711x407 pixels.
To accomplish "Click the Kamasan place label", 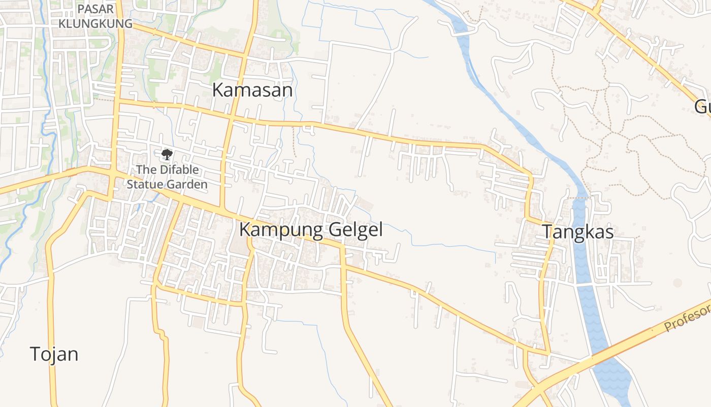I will pos(252,90).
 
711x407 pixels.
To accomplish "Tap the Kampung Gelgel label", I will pos(311,229).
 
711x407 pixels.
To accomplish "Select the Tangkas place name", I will pos(578,232).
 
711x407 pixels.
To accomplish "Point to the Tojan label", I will pos(54,354).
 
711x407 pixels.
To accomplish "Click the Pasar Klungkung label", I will pos(95,16).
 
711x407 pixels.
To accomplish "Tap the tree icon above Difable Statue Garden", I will pos(167,154).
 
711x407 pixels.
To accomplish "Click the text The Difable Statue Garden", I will pos(167,177).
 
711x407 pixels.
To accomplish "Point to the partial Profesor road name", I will pos(688,316).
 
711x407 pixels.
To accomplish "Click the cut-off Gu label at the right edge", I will pos(703,107).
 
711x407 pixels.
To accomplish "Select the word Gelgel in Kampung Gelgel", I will pos(355,229).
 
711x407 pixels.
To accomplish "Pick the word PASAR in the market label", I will pos(95,9).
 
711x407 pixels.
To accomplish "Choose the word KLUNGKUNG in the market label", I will pos(95,23).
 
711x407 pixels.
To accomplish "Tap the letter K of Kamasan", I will pos(218,90).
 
